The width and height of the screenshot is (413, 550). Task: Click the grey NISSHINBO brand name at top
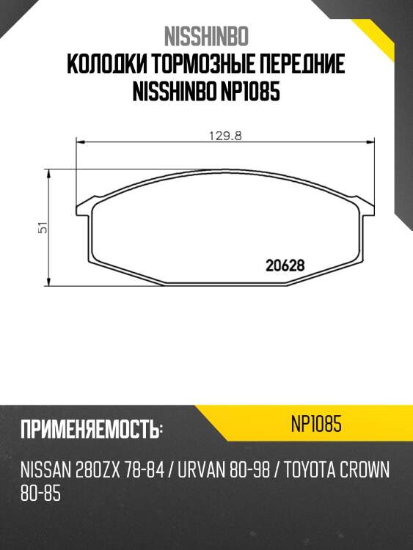tap(206, 36)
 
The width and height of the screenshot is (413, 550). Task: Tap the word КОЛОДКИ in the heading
tap(106, 65)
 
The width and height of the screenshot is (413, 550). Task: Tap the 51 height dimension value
tap(43, 228)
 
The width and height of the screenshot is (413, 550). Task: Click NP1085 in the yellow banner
tap(316, 425)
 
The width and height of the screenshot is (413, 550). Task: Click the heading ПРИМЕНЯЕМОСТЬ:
tap(91, 429)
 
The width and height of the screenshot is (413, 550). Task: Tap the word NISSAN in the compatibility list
tap(45, 470)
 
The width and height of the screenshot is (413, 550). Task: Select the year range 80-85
tap(40, 494)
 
